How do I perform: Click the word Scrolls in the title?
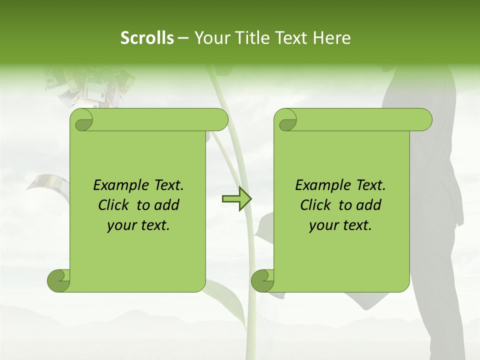(147, 37)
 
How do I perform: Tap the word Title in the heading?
(250, 37)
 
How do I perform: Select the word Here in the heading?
(331, 37)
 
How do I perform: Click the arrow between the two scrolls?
(236, 199)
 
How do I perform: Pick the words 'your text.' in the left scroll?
(138, 225)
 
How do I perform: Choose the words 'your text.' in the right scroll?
(340, 225)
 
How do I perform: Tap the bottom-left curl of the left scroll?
(59, 280)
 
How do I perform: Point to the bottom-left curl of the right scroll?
(263, 280)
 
